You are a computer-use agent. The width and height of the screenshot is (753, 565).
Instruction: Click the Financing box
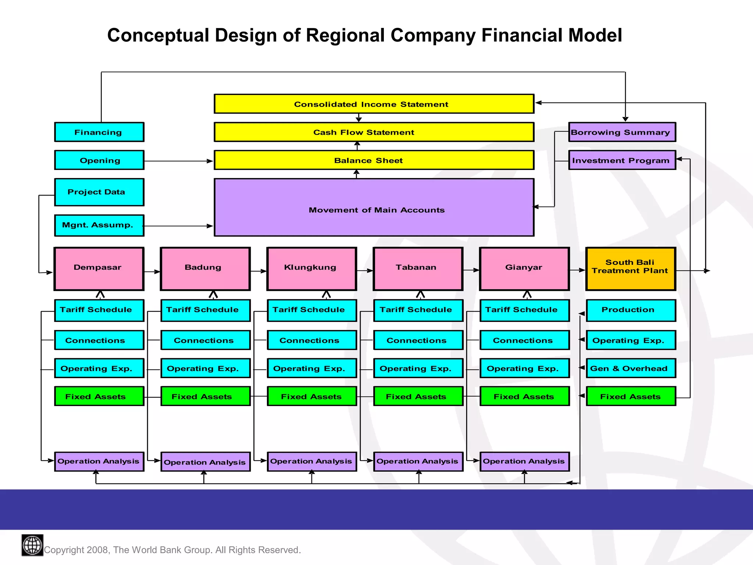pyautogui.click(x=99, y=132)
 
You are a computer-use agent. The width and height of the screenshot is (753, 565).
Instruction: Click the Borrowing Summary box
pyautogui.click(x=622, y=132)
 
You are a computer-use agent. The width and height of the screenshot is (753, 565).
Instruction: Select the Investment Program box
pyautogui.click(x=622, y=160)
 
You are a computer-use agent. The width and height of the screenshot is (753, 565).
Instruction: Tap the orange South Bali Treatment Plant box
pyautogui.click(x=631, y=269)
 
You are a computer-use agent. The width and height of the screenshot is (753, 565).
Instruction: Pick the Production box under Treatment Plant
pyautogui.click(x=631, y=310)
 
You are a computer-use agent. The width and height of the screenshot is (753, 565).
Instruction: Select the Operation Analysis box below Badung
pyautogui.click(x=205, y=462)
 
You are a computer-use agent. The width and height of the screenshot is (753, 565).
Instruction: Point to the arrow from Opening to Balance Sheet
pyautogui.click(x=178, y=161)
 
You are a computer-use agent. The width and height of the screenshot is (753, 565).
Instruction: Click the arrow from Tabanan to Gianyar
pyautogui.click(x=471, y=270)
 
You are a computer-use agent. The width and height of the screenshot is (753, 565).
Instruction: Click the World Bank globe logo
pyautogui.click(x=32, y=545)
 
